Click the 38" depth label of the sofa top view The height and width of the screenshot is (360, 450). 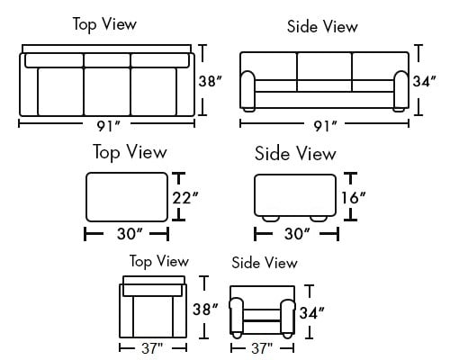210,81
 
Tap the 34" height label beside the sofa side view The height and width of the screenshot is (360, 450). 425,81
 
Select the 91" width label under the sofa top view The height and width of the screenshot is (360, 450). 109,126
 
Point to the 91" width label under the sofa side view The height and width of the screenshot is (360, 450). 326,126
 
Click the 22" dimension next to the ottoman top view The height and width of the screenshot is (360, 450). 185,198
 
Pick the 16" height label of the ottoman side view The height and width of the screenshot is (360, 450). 354,198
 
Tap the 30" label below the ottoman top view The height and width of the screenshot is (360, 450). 130,233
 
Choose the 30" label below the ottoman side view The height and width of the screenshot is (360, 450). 297,233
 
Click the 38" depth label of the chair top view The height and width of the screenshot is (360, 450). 205,309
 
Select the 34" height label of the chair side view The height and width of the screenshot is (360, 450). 312,313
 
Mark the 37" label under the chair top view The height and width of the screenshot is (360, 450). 152,348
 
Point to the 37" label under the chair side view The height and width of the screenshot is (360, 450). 262,348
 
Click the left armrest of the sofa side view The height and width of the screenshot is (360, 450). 247,90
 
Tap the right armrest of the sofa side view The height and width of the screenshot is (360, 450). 401,90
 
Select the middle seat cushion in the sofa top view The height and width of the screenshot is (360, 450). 107,92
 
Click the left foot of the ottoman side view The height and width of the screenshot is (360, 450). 271,219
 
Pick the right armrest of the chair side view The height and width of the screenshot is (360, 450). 288,317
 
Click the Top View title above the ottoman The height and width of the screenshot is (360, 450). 130,152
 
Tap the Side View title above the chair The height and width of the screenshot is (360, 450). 265,263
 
